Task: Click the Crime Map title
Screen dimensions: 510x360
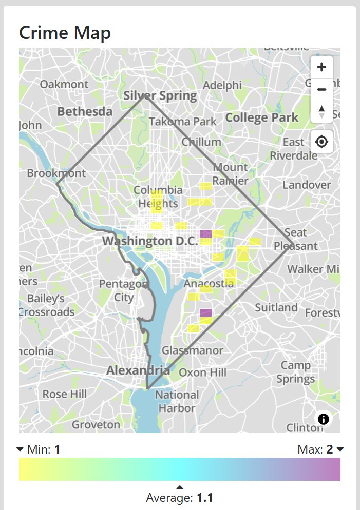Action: click(65, 33)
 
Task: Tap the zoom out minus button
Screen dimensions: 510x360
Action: click(322, 89)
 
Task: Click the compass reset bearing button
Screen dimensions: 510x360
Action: click(322, 111)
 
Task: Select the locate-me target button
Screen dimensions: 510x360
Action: click(322, 142)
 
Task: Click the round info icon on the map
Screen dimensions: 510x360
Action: click(324, 419)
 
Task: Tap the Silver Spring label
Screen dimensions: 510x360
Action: click(160, 95)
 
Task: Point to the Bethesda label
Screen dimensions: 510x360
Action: click(85, 111)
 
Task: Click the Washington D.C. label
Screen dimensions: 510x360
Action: click(150, 241)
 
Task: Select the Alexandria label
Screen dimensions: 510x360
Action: click(138, 370)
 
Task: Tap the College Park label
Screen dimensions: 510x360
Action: click(262, 117)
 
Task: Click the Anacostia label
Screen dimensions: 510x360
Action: click(209, 284)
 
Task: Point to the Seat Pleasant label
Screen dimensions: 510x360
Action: click(295, 239)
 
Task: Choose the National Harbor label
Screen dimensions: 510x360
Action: click(176, 401)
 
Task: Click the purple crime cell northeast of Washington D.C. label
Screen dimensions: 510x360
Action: click(205, 233)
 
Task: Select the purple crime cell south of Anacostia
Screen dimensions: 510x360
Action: click(205, 312)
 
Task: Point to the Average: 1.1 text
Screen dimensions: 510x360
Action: click(179, 497)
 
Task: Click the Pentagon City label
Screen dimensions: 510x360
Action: click(123, 290)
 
